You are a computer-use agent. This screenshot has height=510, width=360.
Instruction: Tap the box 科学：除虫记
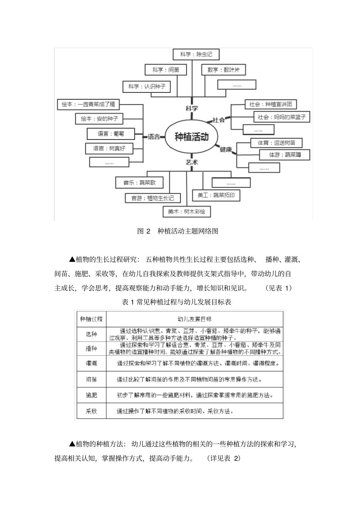(x=196, y=54)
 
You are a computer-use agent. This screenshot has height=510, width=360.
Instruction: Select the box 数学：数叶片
(x=224, y=70)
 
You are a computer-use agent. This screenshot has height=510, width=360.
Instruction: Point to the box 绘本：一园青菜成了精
(x=88, y=104)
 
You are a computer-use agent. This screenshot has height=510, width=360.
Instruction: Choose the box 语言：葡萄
(x=111, y=133)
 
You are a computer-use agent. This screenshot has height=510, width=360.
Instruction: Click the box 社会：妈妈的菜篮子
(x=281, y=117)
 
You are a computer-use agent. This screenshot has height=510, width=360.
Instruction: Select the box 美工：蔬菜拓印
(x=216, y=195)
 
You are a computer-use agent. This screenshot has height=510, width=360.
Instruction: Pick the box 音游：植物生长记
(x=153, y=198)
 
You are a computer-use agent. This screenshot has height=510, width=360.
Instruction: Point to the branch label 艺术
(x=192, y=162)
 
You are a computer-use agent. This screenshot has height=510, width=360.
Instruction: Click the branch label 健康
(x=226, y=149)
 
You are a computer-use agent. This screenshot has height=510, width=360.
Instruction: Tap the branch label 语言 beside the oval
(x=154, y=137)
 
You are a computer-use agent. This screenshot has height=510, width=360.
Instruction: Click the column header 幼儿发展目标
(x=194, y=319)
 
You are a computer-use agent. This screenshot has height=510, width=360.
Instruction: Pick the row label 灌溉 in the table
(x=91, y=363)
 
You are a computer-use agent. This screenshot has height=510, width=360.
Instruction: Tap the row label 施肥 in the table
(x=91, y=395)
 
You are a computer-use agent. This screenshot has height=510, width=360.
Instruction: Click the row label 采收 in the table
(x=91, y=411)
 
